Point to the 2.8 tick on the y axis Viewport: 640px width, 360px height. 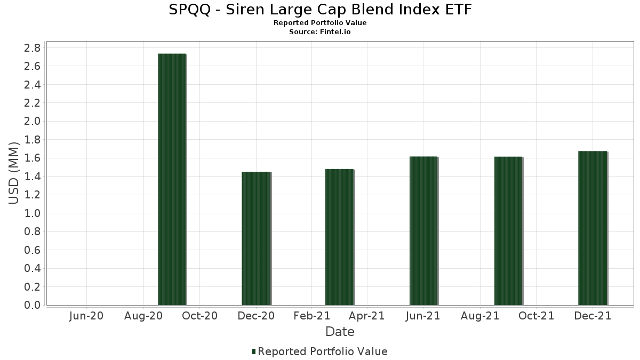point(33,48)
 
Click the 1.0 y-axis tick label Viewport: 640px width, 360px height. point(33,213)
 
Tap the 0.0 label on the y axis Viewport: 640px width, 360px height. point(33,305)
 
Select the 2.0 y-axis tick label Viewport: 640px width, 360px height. point(33,121)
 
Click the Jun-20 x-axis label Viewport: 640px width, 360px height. point(86,316)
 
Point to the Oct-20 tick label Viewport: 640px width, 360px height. point(200,316)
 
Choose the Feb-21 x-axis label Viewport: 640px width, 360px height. point(312,316)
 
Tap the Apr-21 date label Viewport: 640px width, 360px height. point(367,316)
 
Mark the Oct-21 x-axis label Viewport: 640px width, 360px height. point(537,316)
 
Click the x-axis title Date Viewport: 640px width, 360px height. point(340,332)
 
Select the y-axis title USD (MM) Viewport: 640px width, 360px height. point(14,173)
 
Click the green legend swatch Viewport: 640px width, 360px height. point(254,351)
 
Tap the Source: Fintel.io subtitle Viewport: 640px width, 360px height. point(320,32)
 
